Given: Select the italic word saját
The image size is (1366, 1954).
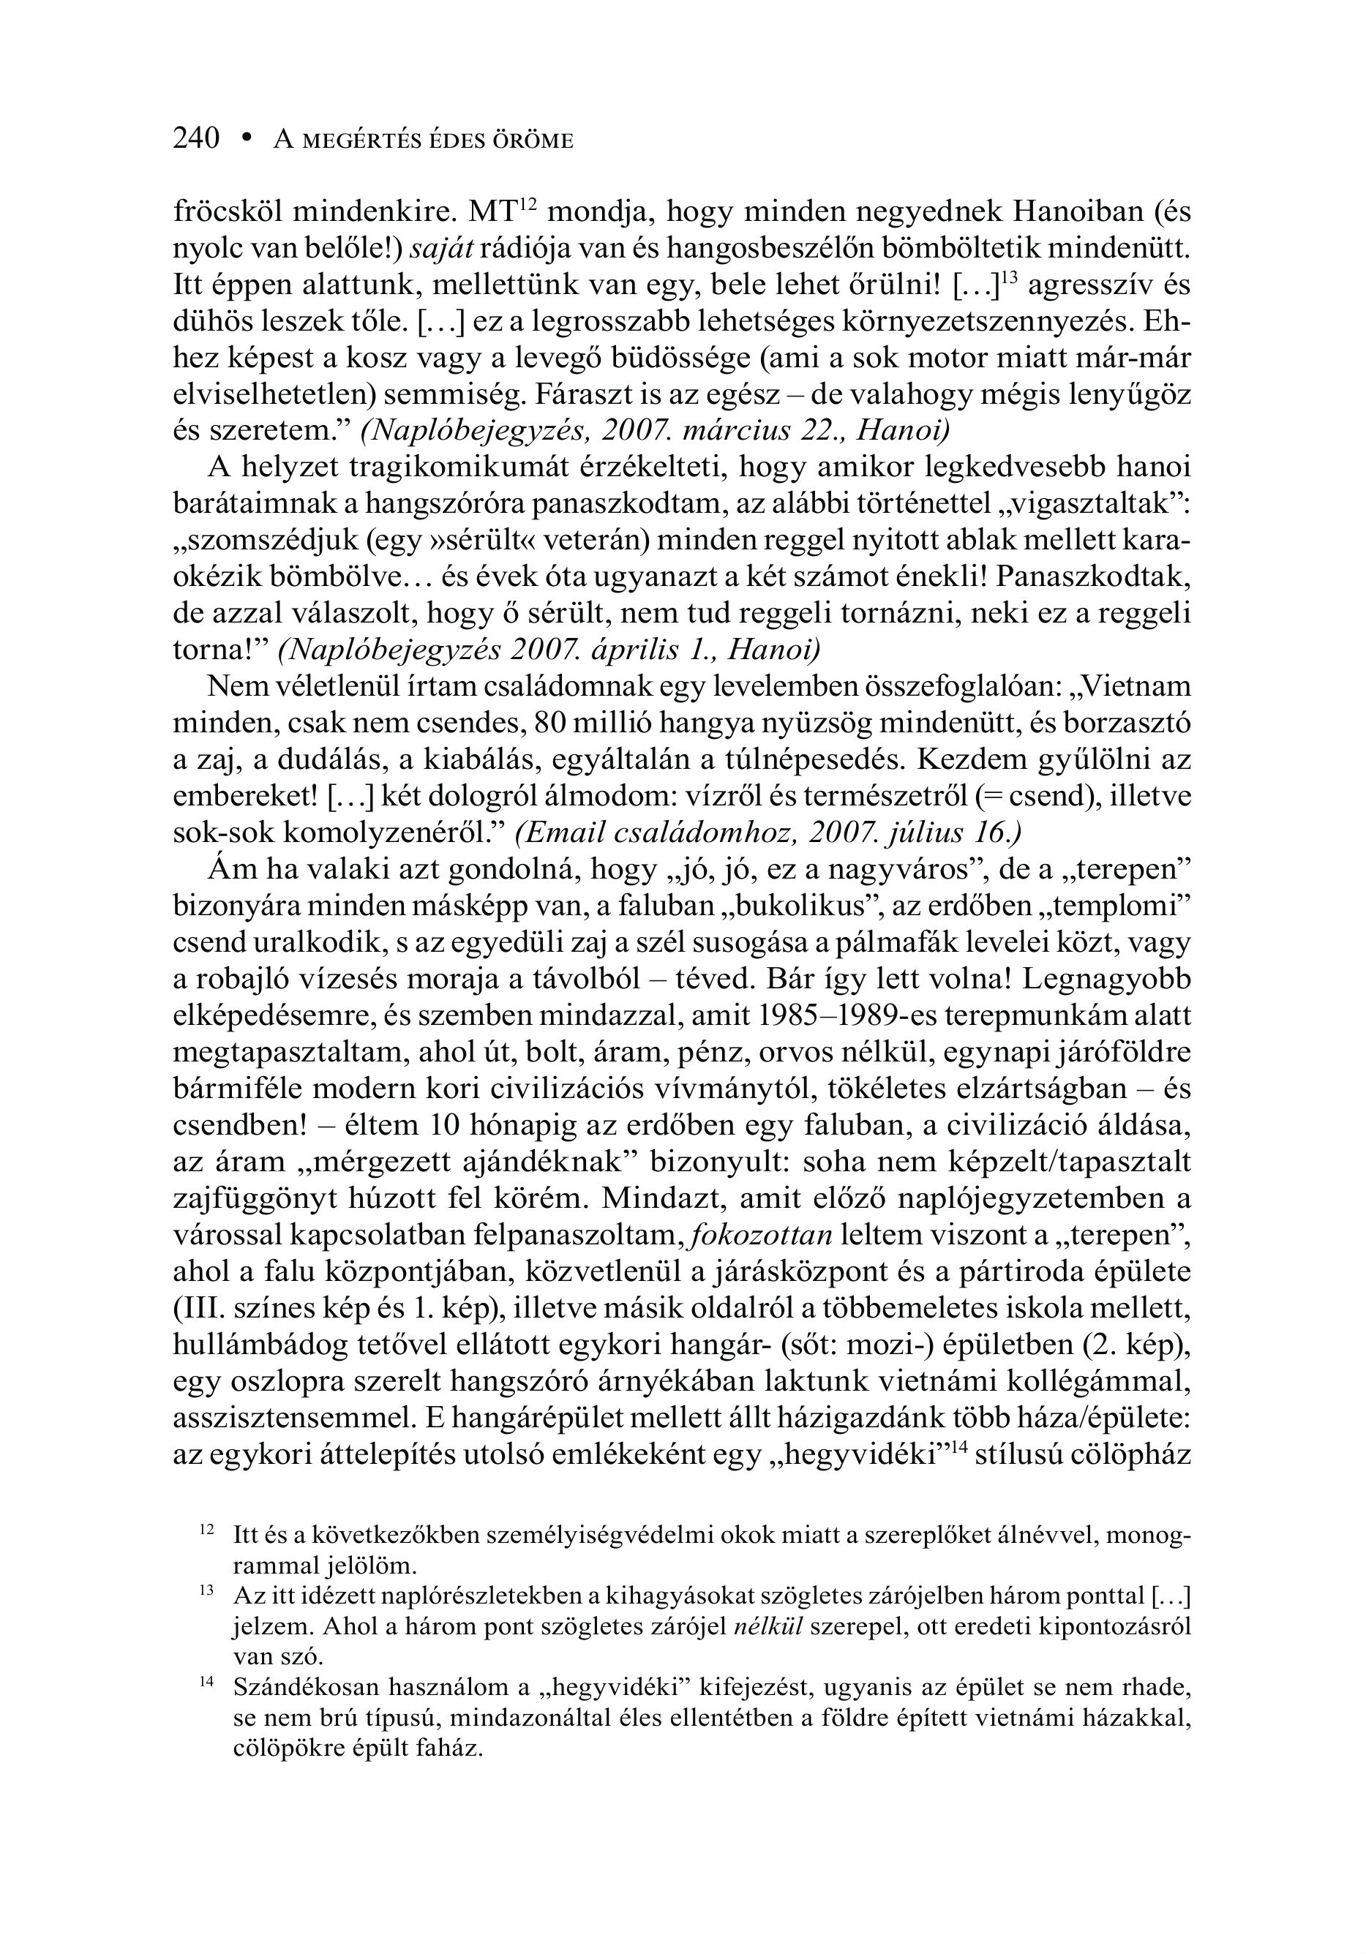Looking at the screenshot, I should (442, 248).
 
